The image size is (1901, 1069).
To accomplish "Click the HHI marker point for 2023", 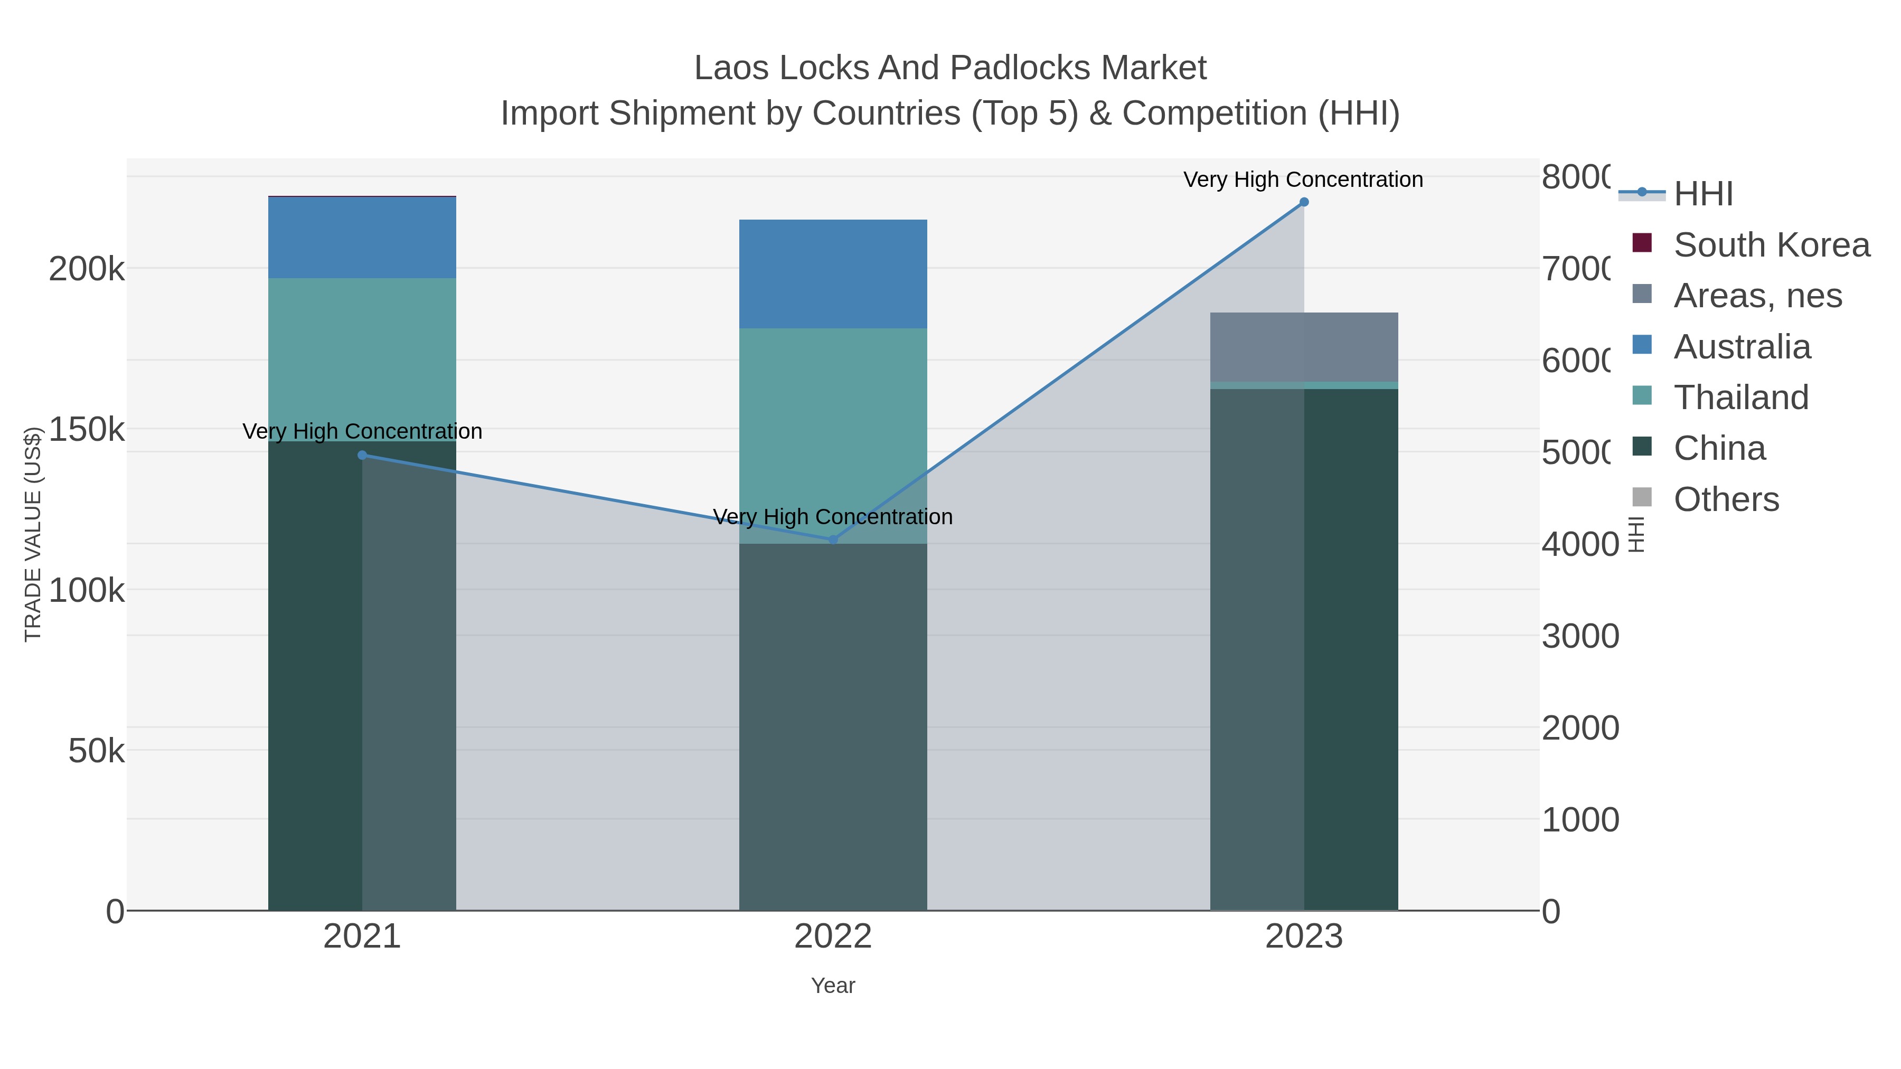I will coord(1304,202).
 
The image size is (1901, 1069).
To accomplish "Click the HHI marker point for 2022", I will coord(833,540).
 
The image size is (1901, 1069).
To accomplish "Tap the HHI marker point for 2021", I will coord(362,455).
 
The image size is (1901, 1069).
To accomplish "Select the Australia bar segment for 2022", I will coord(833,273).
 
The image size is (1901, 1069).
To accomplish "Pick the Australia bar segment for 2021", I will coord(362,238).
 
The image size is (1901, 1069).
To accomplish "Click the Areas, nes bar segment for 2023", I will coord(1304,347).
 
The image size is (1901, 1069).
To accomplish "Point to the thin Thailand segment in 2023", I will coord(1304,385).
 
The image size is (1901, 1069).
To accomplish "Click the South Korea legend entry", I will coord(1771,245).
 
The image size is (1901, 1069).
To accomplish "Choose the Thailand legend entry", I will coord(1741,398).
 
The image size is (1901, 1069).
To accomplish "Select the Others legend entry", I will coord(1726,499).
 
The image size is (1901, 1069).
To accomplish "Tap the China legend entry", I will coord(1719,449).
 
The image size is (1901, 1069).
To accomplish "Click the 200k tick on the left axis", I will coord(87,269).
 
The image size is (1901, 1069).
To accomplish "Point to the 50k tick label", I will coord(96,752).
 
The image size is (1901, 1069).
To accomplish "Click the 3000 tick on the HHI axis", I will coord(1580,636).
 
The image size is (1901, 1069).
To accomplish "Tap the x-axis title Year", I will coord(833,986).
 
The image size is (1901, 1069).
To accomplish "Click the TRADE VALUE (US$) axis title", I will coord(33,534).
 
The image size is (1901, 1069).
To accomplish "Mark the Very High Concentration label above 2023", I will coord(1303,180).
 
